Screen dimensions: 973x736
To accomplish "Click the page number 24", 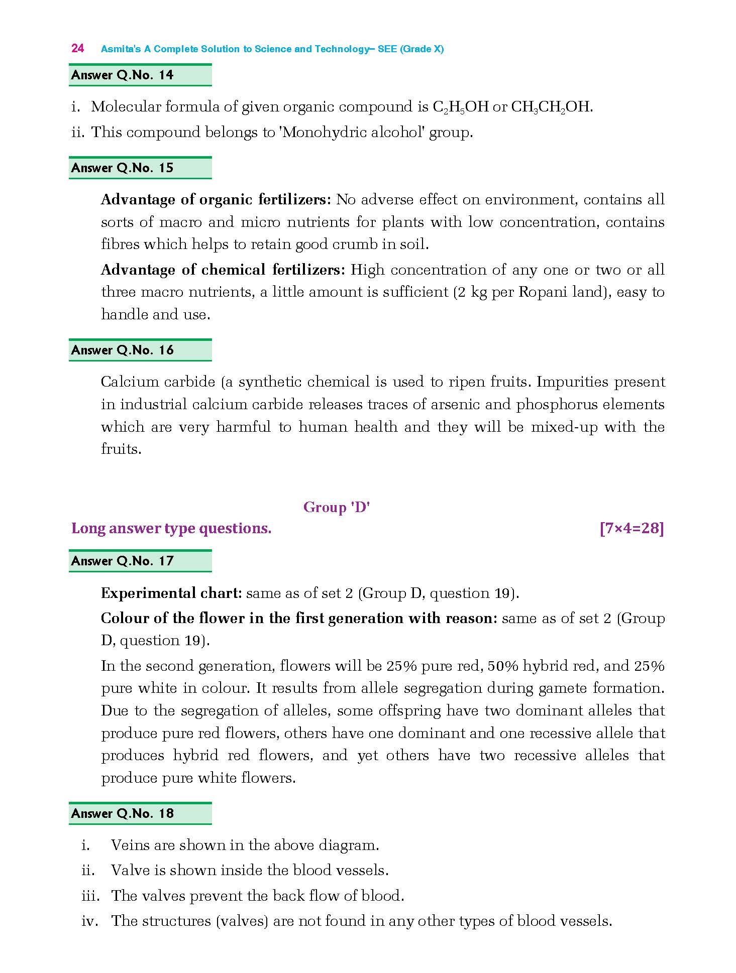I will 77,49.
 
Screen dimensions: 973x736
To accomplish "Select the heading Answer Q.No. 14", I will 122,75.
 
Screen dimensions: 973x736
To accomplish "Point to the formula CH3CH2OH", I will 551,107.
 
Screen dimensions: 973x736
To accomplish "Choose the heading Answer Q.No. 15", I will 122,168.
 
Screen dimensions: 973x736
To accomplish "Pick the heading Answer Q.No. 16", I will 122,350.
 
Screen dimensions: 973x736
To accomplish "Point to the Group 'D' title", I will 336,508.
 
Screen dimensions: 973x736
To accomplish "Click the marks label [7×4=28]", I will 632,529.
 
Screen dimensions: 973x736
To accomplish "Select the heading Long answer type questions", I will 171,529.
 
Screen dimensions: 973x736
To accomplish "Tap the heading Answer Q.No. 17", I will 122,561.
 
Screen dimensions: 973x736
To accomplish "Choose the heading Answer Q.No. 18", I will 122,814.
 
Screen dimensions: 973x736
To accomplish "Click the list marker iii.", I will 90,896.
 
